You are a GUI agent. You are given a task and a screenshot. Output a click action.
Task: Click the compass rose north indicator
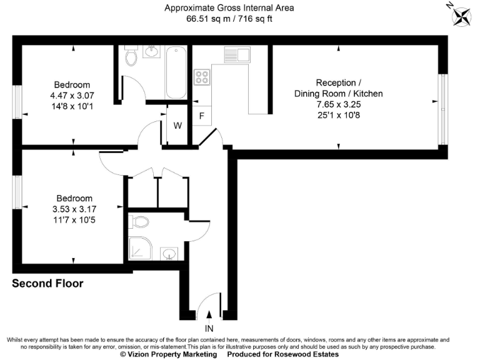point(462,16)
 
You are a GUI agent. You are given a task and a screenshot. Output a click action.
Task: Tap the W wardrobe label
point(177,125)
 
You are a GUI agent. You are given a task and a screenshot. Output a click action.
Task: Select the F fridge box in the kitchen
point(201,116)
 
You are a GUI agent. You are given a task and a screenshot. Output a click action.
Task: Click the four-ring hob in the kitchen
point(202,77)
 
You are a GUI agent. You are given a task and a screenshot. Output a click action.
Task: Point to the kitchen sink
point(238,54)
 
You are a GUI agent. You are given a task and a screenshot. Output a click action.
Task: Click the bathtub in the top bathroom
point(176,72)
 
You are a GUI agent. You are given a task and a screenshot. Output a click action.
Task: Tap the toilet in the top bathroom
point(131,57)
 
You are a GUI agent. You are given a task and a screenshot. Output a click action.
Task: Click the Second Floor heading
point(47,284)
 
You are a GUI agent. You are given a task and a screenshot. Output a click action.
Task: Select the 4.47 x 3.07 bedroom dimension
point(71,96)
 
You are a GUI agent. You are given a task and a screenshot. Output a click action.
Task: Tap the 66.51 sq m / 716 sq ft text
point(229,19)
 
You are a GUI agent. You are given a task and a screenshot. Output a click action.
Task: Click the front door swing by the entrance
point(208,303)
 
